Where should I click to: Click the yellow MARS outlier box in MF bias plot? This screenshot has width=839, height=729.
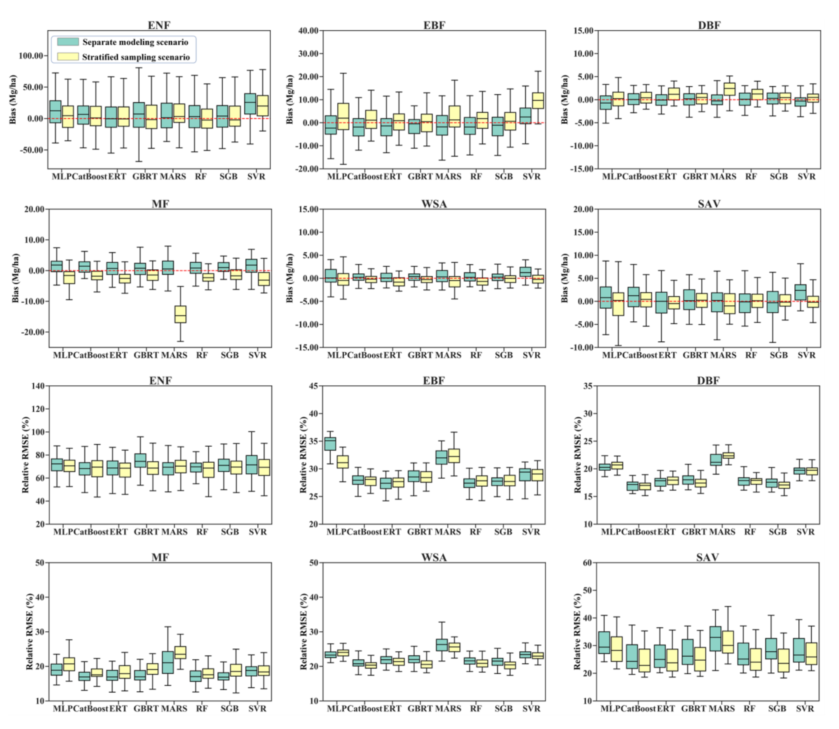(x=181, y=314)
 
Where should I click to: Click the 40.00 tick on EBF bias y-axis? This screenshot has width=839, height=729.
(x=308, y=30)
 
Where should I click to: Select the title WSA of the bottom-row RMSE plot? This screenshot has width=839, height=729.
(x=434, y=557)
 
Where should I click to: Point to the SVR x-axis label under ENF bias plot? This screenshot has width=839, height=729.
(x=256, y=176)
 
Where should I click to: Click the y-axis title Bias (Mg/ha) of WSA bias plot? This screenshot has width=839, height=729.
(x=290, y=278)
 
